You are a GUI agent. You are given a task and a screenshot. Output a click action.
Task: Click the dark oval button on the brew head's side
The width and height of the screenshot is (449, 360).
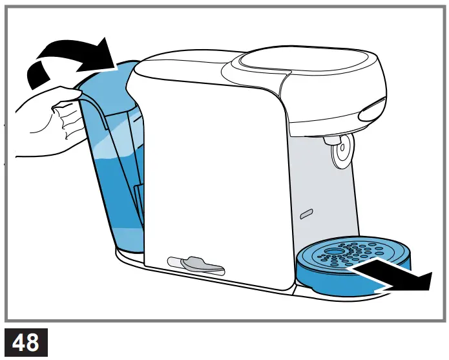click(373, 111)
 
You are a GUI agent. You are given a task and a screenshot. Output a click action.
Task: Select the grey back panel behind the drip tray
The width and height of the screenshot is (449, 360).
click(323, 194)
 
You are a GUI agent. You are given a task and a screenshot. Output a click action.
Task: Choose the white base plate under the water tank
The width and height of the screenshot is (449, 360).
click(129, 255)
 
